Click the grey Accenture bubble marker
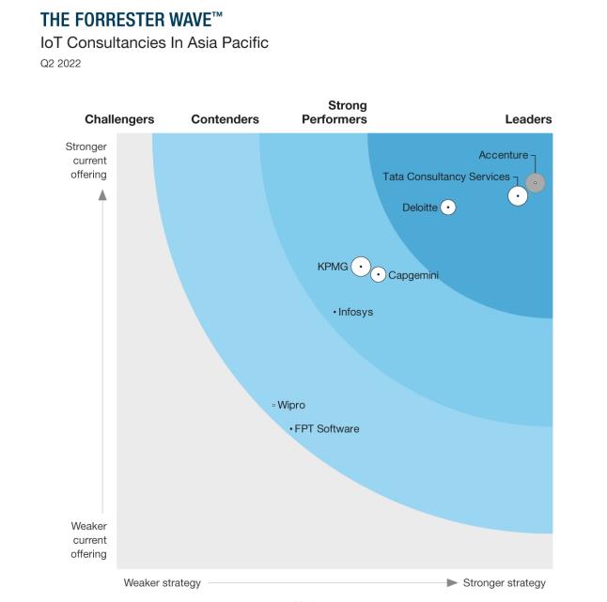(535, 183)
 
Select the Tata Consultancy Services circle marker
(518, 196)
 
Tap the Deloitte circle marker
(448, 208)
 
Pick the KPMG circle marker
(361, 267)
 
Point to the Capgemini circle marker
(378, 274)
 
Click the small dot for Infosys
(335, 312)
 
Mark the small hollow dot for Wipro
(273, 406)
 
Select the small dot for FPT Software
(291, 429)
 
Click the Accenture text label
(503, 155)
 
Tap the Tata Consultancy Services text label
(445, 177)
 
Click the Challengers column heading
(119, 120)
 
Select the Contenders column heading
(225, 120)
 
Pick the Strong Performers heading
(335, 113)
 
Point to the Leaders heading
(528, 120)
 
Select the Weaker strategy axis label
(163, 583)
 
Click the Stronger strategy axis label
(504, 583)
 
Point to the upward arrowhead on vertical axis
(102, 194)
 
